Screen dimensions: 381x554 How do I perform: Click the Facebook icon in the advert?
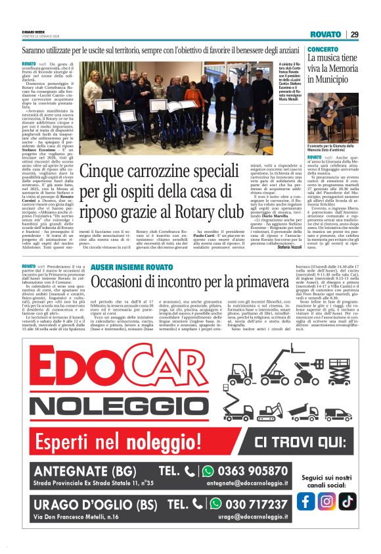point(306,501)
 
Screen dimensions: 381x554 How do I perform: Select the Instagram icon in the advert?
point(327,501)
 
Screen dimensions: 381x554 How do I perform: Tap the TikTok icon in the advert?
point(347,501)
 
